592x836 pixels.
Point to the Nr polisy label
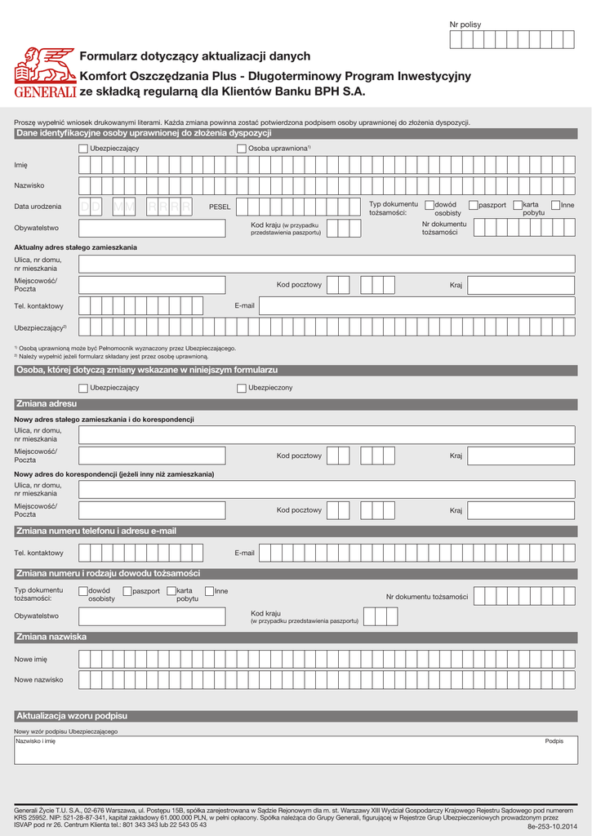pyautogui.click(x=465, y=24)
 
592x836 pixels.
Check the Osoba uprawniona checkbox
pyautogui.click(x=242, y=149)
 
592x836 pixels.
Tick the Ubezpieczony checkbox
pyautogui.click(x=242, y=388)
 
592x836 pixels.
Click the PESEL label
pyautogui.click(x=220, y=207)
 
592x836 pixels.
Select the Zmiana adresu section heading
pyautogui.click(x=47, y=404)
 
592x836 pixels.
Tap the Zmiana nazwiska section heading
pyautogui.click(x=51, y=637)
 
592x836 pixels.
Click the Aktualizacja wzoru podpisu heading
pyautogui.click(x=72, y=716)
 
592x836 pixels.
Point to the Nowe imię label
pyautogui.click(x=31, y=659)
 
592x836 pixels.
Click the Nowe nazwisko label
pyautogui.click(x=38, y=679)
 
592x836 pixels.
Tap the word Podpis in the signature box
pyautogui.click(x=554, y=741)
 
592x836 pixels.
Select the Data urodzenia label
pyautogui.click(x=38, y=207)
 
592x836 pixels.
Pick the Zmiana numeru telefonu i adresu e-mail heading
pyautogui.click(x=96, y=531)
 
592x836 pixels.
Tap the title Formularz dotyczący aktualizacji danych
pyautogui.click(x=194, y=56)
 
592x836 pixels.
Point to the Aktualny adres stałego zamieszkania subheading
pyautogui.click(x=75, y=247)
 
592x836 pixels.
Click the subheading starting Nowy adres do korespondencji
pyautogui.click(x=114, y=474)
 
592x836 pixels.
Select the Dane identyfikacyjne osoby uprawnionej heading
pyautogui.click(x=144, y=133)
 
